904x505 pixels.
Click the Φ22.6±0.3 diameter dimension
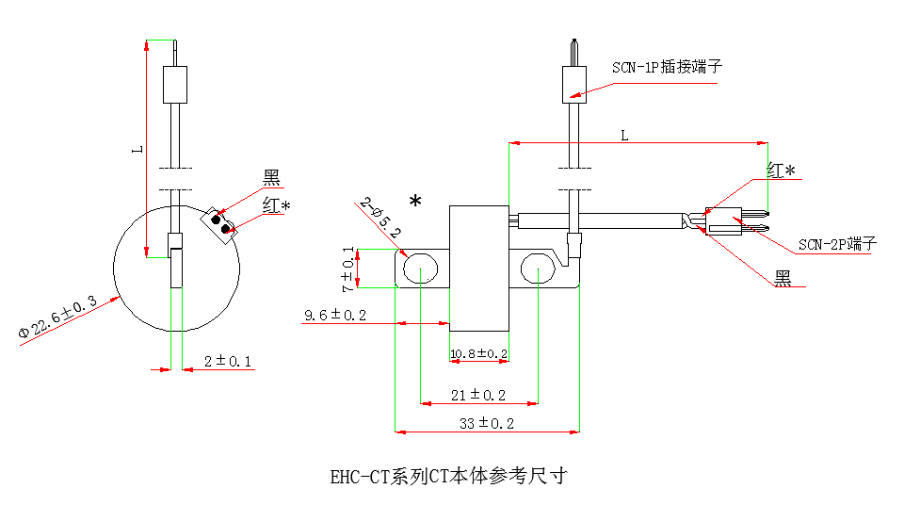(58, 317)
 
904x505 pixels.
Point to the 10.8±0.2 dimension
(479, 354)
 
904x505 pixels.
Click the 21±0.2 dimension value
(479, 394)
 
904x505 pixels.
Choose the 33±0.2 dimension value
(487, 424)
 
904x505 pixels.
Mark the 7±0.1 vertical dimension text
(349, 269)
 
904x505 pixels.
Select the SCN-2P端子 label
(837, 245)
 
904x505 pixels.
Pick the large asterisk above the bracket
(415, 201)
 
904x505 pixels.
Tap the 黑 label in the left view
(271, 177)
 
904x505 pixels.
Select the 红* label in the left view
(276, 205)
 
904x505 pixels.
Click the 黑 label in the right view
(783, 277)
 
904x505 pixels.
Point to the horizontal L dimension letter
(623, 135)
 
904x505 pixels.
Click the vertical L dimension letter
(137, 148)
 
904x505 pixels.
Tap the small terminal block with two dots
(222, 223)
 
